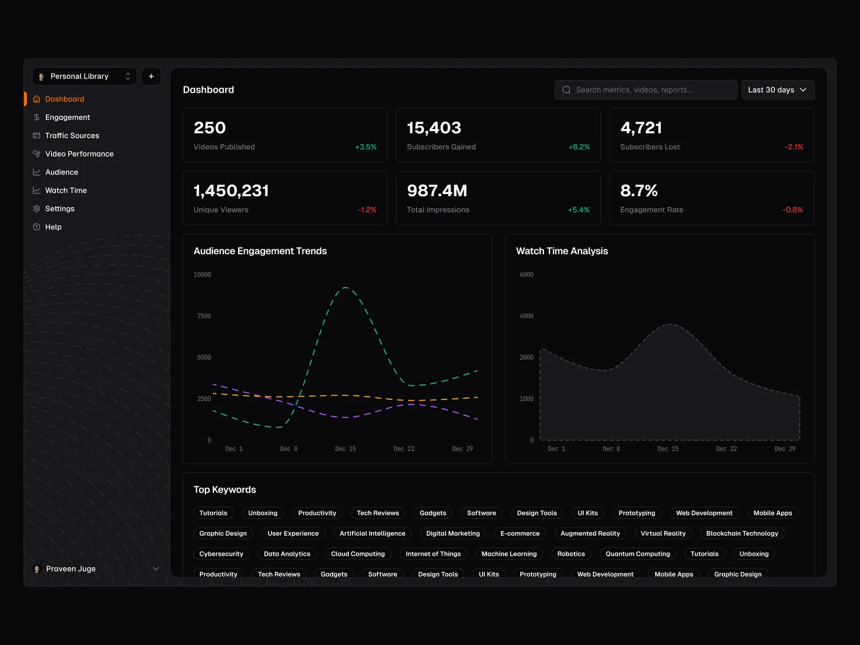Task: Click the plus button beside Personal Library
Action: point(151,76)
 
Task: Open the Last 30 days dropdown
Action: point(777,90)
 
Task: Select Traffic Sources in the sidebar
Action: point(72,135)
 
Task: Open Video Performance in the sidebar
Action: point(79,154)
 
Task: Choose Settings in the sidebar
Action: point(60,209)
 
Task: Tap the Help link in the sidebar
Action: point(53,227)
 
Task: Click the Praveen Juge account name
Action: point(71,569)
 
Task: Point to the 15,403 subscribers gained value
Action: point(434,128)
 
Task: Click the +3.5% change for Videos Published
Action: point(365,147)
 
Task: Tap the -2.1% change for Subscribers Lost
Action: point(793,147)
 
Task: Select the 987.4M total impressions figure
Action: point(437,191)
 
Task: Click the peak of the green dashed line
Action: point(345,288)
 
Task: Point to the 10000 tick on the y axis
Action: point(202,275)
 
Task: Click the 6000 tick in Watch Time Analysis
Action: point(526,275)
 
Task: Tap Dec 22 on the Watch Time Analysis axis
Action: point(726,449)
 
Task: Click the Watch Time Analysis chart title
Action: point(562,251)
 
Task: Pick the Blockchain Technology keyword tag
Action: point(742,533)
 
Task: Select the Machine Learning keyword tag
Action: point(509,554)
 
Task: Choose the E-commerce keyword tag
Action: point(520,533)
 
